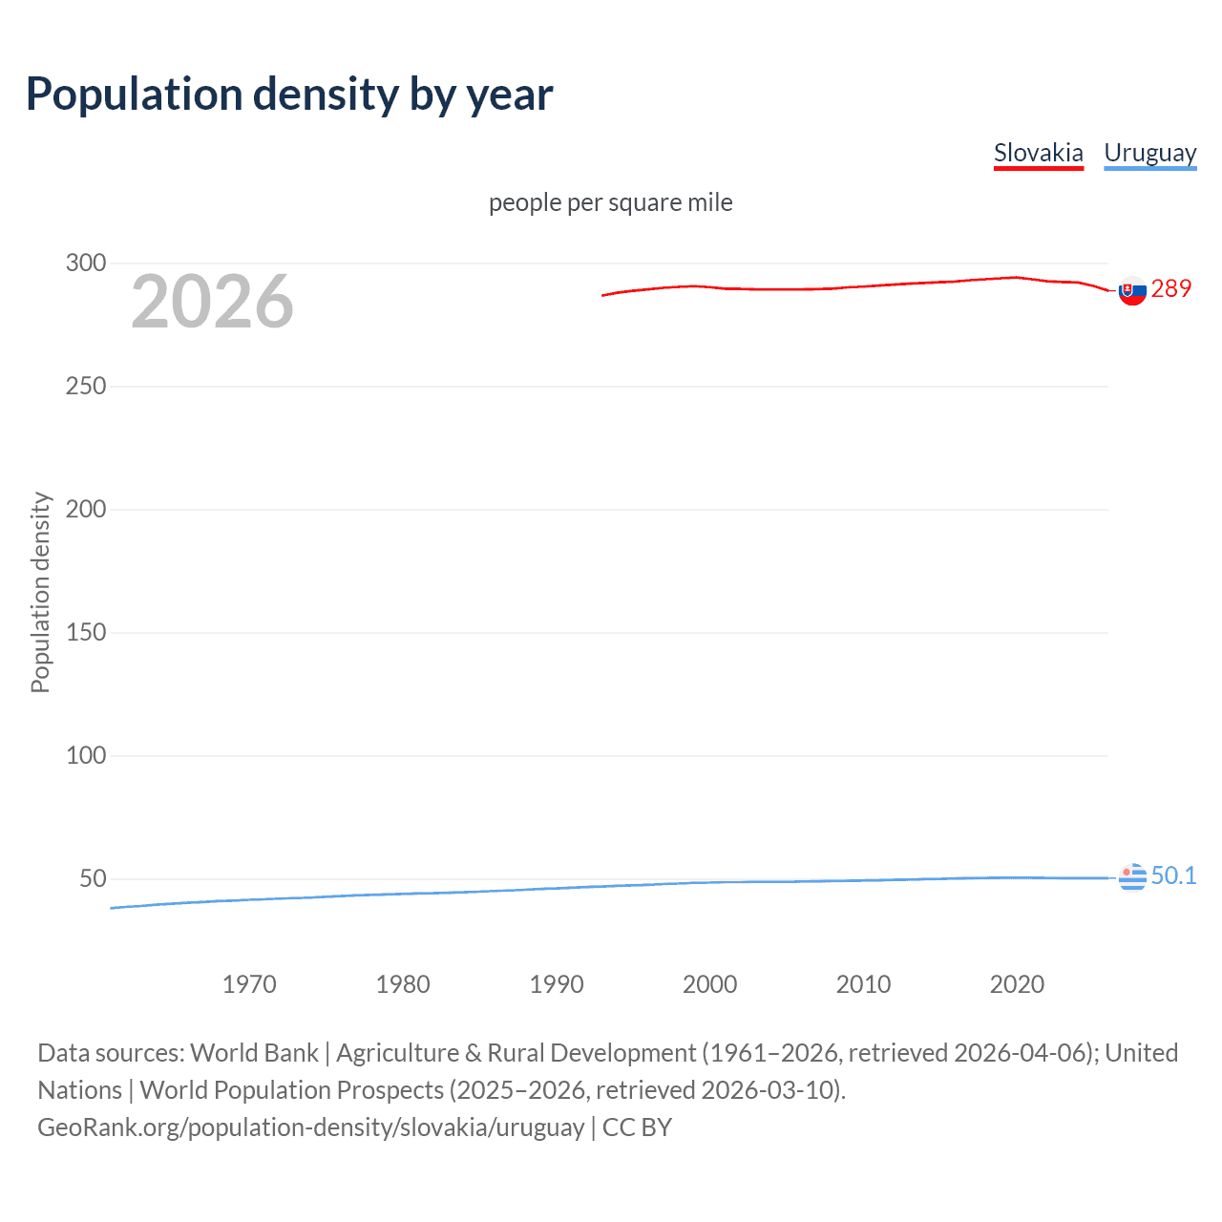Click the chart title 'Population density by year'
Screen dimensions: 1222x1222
click(289, 95)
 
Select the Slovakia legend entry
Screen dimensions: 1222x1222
click(1038, 153)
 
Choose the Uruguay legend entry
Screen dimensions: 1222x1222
click(1149, 153)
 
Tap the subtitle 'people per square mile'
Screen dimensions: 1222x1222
click(610, 202)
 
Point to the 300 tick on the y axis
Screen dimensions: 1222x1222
click(86, 263)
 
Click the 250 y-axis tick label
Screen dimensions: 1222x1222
click(86, 386)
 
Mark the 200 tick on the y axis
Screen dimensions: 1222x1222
click(86, 509)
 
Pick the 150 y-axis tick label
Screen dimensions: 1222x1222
click(86, 632)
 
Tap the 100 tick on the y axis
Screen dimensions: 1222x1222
click(86, 755)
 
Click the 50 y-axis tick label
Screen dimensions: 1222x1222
click(93, 878)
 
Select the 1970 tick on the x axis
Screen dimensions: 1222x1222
click(249, 984)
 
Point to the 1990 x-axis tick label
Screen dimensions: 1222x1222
click(557, 984)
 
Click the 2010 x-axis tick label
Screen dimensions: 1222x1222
click(863, 984)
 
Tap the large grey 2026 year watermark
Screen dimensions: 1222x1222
click(212, 302)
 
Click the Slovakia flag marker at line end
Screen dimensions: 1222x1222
click(1132, 290)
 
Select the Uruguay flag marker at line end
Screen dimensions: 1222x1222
click(1132, 876)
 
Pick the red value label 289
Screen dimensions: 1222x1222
click(1171, 288)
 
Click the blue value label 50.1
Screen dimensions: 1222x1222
click(1173, 875)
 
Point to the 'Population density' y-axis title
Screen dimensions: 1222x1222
click(40, 592)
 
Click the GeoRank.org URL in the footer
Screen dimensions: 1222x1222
click(310, 1127)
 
